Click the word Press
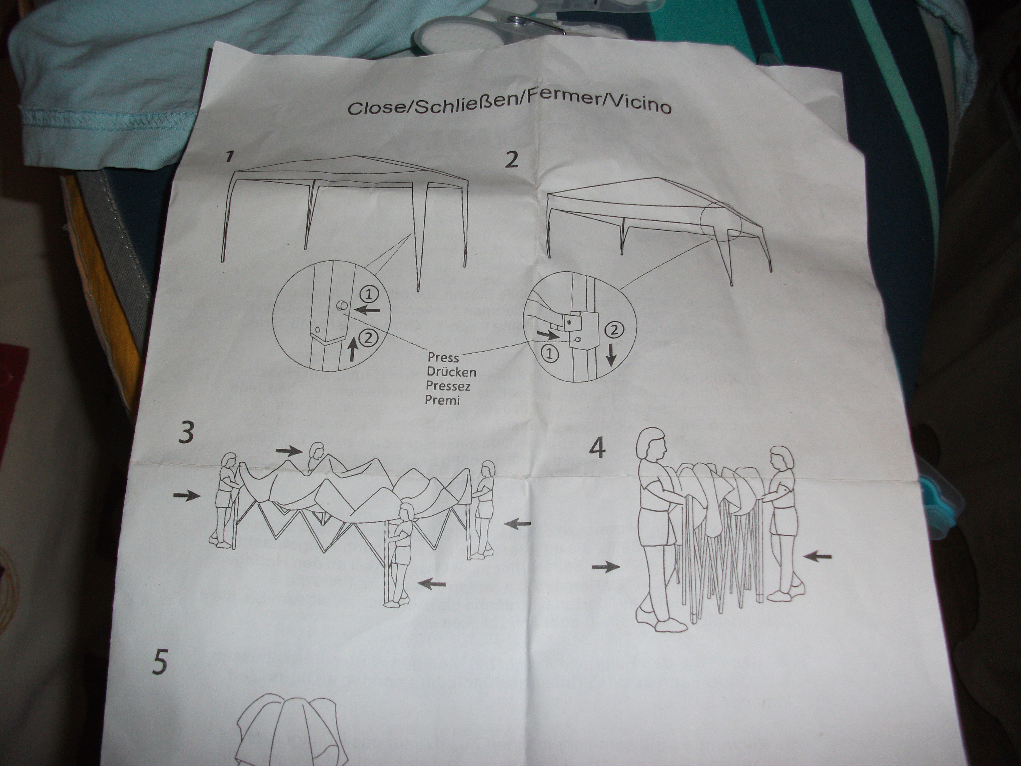443,357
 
